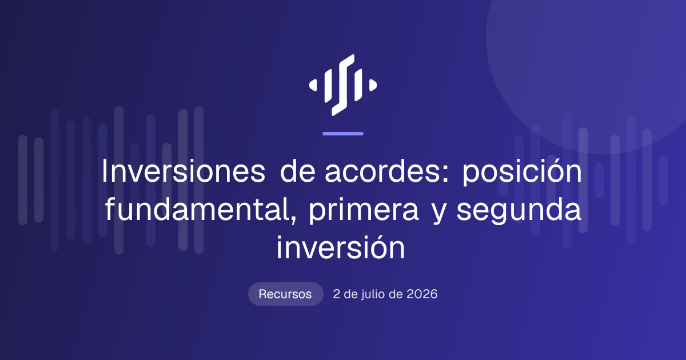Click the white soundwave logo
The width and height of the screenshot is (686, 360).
pos(343,85)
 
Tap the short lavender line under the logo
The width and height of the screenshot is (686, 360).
pos(343,134)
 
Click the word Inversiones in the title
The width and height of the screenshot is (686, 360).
pos(184,171)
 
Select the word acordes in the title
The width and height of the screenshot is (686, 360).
pos(384,171)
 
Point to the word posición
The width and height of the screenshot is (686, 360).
pos(522,171)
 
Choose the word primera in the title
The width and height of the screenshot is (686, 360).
pos(364,211)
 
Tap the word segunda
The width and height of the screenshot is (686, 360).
pos(519,211)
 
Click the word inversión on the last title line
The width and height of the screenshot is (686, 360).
pos(341,247)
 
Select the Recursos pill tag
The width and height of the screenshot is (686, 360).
pos(285,294)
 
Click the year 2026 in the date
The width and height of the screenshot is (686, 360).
pos(422,294)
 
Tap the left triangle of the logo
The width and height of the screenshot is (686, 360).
pos(313,85)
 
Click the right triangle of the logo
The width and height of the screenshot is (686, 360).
pos(373,85)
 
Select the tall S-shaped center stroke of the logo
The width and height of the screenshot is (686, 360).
pos(343,85)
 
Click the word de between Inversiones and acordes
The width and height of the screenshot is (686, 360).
pos(298,171)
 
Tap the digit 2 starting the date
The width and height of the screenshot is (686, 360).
pos(336,294)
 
